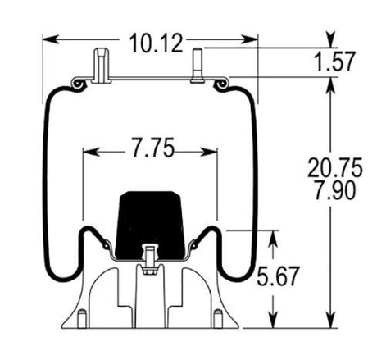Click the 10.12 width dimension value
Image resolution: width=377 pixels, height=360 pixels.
pyautogui.click(x=156, y=43)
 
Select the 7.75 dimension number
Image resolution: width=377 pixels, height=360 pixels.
pyautogui.click(x=152, y=148)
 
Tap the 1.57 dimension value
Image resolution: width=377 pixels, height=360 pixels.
pyautogui.click(x=335, y=62)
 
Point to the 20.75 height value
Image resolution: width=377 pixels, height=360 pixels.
pyautogui.click(x=335, y=168)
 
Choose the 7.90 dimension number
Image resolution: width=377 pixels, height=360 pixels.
pyautogui.click(x=335, y=189)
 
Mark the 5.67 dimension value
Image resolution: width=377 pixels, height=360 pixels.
pyautogui.click(x=277, y=276)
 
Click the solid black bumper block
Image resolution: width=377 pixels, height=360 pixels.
pyautogui.click(x=150, y=225)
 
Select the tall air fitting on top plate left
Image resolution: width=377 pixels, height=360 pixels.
pyautogui.click(x=102, y=66)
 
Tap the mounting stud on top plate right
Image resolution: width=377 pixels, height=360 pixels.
pyautogui.click(x=198, y=66)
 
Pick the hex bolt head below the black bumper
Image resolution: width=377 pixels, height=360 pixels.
pyautogui.click(x=149, y=271)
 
